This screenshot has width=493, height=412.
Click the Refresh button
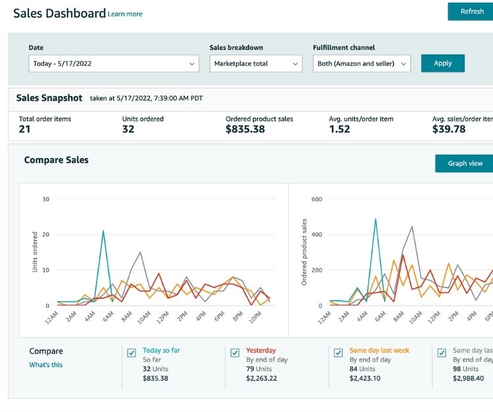(471, 11)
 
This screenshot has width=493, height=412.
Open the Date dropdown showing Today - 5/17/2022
(114, 64)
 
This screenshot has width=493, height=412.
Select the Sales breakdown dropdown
(256, 64)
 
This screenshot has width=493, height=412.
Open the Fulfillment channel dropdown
(362, 64)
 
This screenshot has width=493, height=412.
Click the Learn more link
(125, 14)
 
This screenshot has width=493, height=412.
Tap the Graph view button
(465, 163)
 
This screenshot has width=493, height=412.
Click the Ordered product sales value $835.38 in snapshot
(245, 130)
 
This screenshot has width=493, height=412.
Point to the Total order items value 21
(24, 130)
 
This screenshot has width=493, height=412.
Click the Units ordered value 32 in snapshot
(128, 130)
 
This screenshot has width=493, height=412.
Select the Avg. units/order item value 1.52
(339, 130)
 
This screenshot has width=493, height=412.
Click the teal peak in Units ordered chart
(103, 231)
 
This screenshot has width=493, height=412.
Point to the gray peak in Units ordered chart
(140, 252)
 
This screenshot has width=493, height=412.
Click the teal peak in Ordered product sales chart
(375, 220)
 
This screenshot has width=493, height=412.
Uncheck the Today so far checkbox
(131, 353)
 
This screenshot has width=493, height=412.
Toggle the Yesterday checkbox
(235, 353)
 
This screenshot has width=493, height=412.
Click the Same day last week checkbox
(338, 353)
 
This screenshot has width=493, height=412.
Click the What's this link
(46, 365)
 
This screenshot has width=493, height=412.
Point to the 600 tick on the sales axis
(317, 199)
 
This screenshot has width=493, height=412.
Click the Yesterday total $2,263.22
(262, 378)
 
